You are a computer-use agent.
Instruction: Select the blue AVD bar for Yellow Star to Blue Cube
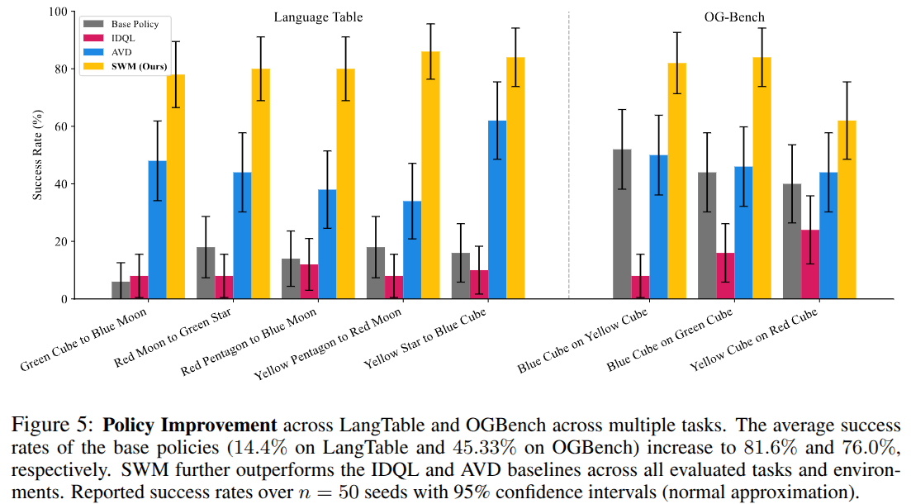point(497,210)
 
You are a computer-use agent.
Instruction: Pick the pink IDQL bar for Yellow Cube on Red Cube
point(810,264)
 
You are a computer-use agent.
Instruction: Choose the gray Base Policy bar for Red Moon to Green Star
point(206,273)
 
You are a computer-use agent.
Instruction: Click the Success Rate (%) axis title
point(37,155)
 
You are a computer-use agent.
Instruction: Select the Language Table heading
point(318,17)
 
